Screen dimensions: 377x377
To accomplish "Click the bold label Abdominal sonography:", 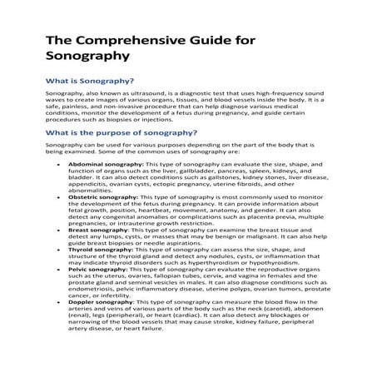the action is tap(107, 165).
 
